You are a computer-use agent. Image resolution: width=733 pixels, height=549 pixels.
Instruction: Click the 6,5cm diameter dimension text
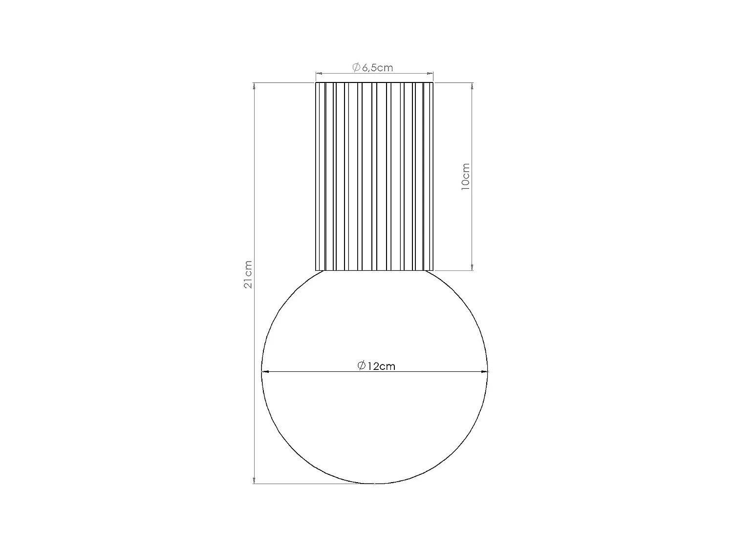coord(377,67)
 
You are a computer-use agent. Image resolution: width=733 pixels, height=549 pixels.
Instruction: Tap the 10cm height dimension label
coord(465,177)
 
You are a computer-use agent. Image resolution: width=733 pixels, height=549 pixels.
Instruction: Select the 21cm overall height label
coord(248,274)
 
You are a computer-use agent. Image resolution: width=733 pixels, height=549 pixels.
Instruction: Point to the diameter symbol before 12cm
coord(362,366)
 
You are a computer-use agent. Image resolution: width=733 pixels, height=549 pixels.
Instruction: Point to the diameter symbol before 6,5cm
coord(356,67)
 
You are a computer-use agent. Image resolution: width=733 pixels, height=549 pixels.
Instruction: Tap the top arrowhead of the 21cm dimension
coord(254,86)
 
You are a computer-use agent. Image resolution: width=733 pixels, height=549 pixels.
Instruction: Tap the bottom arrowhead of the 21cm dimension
coord(254,480)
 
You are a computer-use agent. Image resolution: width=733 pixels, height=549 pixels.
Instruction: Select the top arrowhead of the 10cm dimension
coord(472,86)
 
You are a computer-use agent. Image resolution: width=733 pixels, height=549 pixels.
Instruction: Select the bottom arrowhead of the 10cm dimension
coord(472,266)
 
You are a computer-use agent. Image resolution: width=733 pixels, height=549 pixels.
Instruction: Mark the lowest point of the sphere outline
coord(375,484)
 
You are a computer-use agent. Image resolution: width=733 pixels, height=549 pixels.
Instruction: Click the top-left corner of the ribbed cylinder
coord(316,83)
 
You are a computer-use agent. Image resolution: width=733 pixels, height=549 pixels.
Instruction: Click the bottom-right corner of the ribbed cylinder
coord(433,270)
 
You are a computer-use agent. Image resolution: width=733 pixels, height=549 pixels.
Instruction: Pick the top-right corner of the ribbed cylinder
coord(433,83)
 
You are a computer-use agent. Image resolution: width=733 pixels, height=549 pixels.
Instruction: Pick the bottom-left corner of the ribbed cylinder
coord(316,270)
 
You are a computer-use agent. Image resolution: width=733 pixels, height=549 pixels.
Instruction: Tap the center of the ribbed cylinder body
coord(375,177)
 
